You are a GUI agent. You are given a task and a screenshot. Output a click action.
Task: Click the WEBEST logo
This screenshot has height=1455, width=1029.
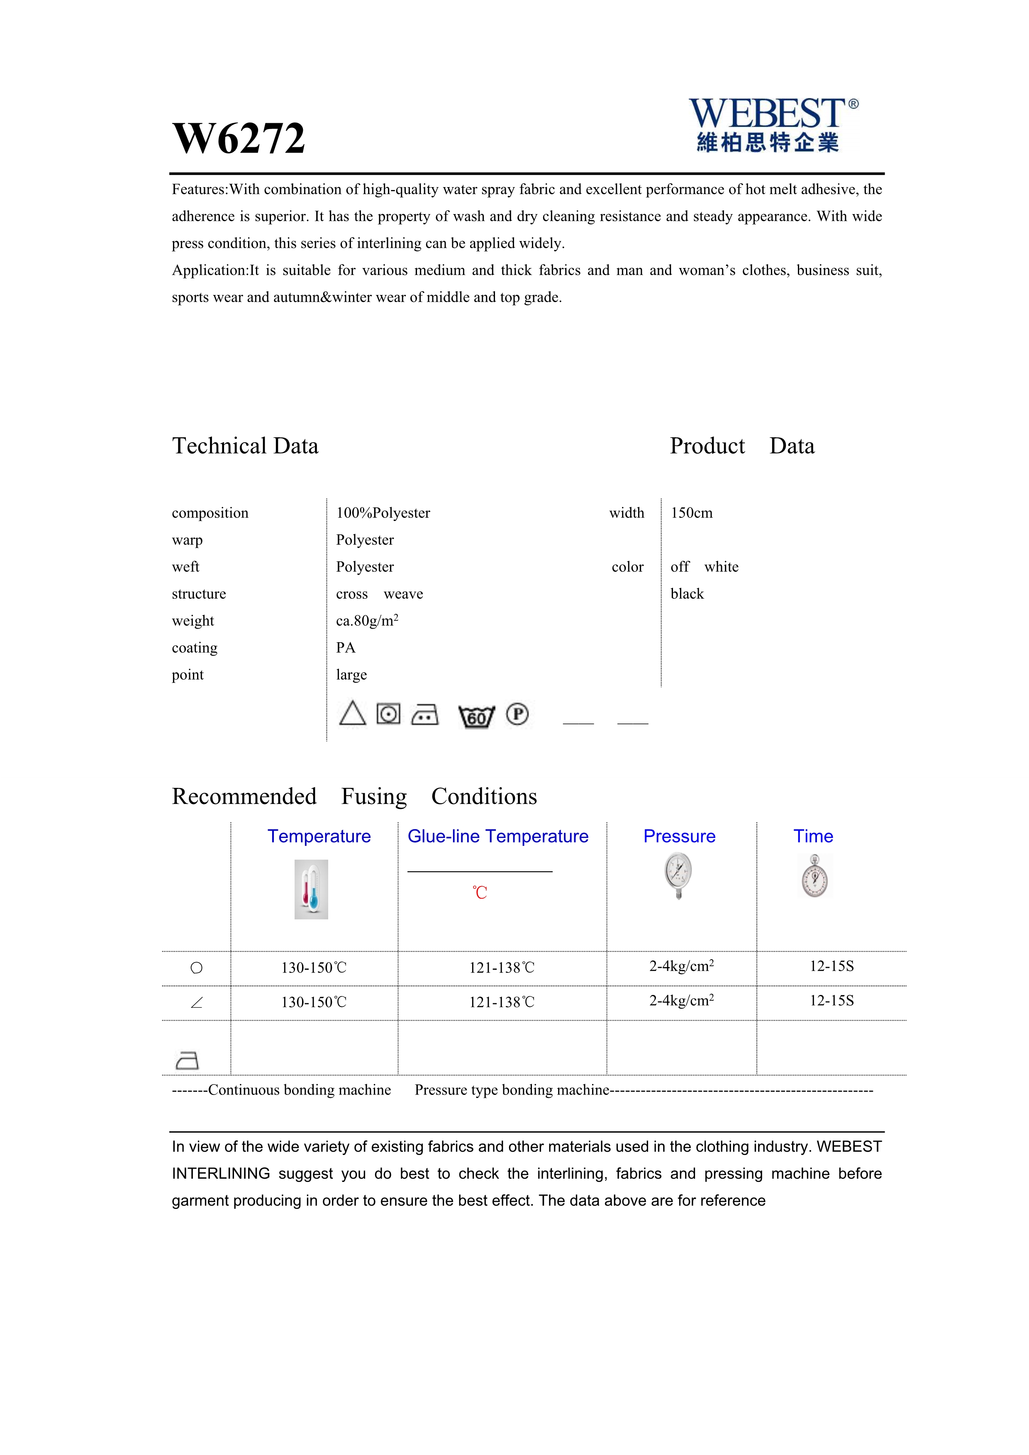[x=773, y=124]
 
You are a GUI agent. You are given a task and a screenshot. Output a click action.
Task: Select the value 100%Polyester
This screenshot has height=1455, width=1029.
[x=383, y=513]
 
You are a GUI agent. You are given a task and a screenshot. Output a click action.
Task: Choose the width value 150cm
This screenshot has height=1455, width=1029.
[x=691, y=513]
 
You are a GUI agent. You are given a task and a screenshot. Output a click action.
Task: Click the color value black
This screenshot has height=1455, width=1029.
[x=687, y=594]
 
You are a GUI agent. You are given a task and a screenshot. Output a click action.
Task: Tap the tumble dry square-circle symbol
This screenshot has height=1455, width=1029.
[x=388, y=714]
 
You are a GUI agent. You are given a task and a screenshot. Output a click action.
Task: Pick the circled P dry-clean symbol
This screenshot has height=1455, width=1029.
[x=517, y=714]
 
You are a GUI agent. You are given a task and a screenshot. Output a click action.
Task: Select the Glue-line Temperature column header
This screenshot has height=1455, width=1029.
[x=497, y=836]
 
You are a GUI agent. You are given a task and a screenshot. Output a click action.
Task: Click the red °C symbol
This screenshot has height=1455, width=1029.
[x=480, y=893]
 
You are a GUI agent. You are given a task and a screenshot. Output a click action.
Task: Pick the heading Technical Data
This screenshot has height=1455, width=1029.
[x=245, y=446]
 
